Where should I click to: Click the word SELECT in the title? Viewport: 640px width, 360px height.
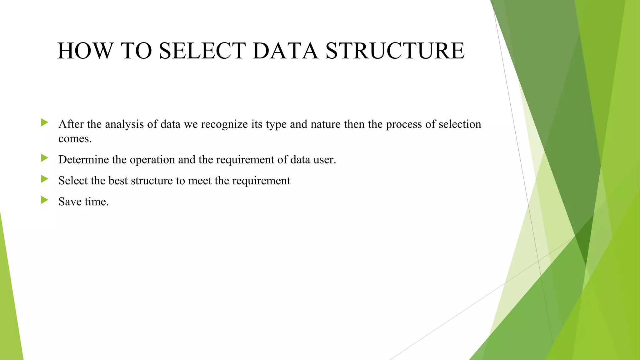(202, 51)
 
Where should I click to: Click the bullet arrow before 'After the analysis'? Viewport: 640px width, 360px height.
(44, 122)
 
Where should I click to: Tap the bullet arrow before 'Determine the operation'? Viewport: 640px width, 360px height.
(44, 158)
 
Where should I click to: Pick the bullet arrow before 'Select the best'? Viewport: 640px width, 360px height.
(44, 179)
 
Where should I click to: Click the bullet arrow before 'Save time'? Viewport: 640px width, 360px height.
(44, 200)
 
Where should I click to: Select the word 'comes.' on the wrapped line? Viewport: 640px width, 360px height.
(75, 138)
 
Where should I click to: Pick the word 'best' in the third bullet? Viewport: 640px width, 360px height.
(118, 181)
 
